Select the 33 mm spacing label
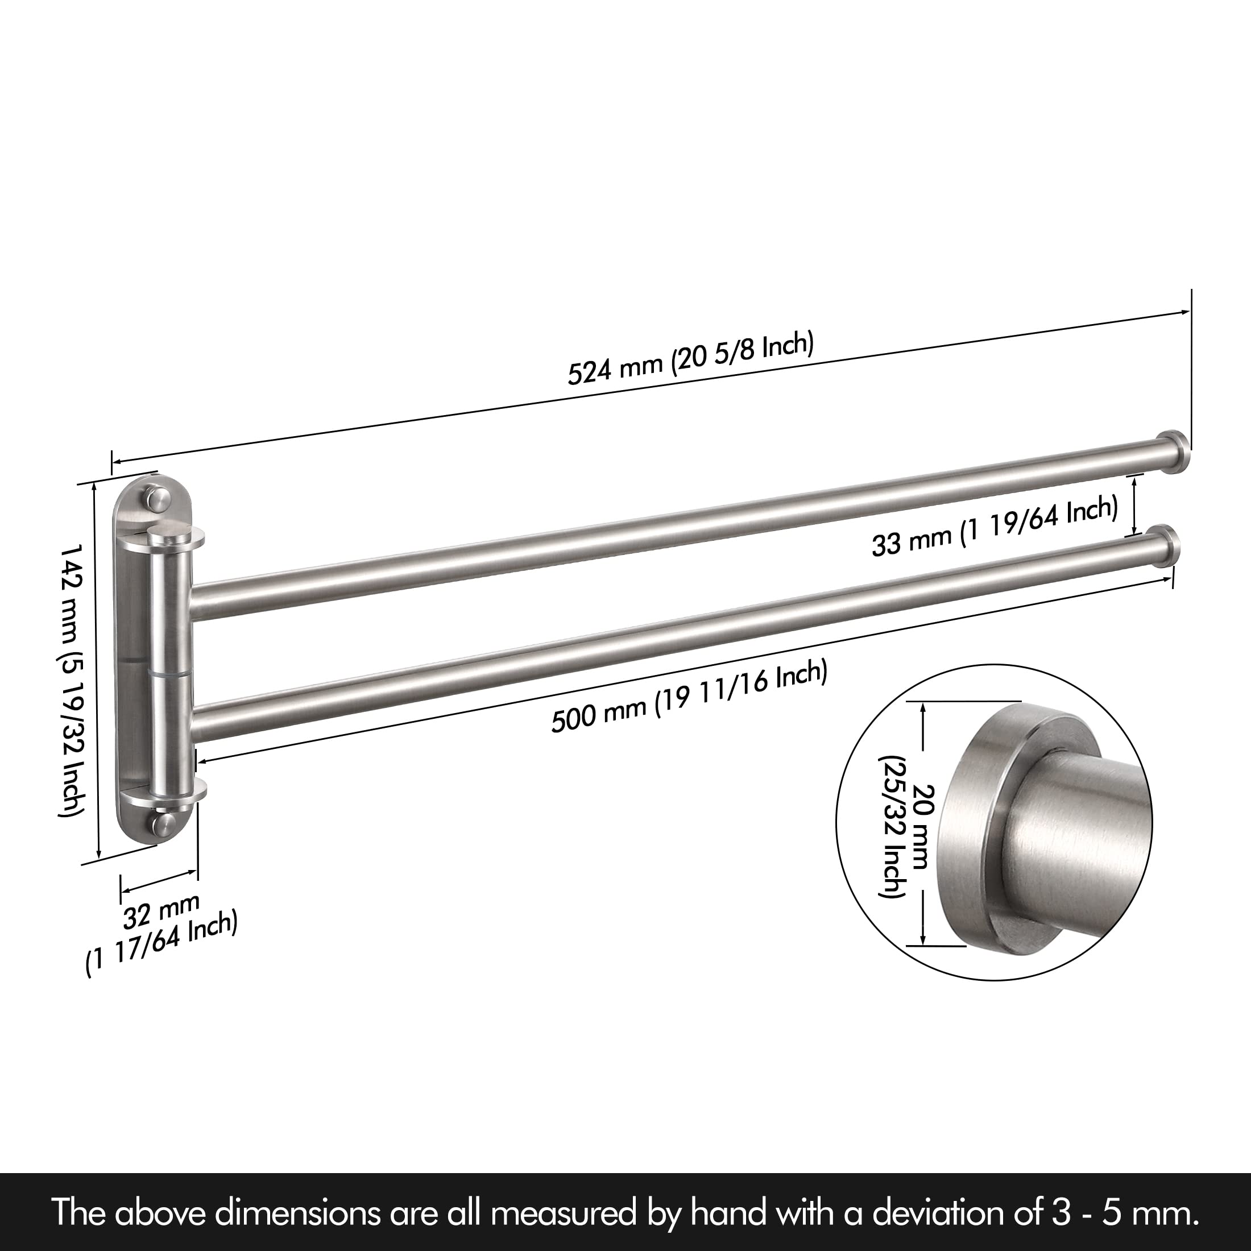click(995, 527)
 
